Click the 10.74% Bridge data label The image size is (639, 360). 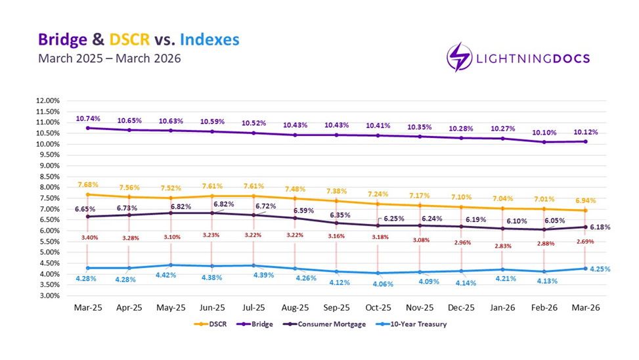[x=88, y=119]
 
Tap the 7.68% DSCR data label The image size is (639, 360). [x=88, y=185]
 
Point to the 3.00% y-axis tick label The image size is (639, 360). [x=48, y=296]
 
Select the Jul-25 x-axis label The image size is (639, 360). [x=253, y=307]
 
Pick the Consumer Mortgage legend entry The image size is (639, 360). [x=326, y=324]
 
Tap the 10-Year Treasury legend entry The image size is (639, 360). [x=414, y=324]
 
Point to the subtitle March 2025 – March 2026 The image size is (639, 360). [x=108, y=59]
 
